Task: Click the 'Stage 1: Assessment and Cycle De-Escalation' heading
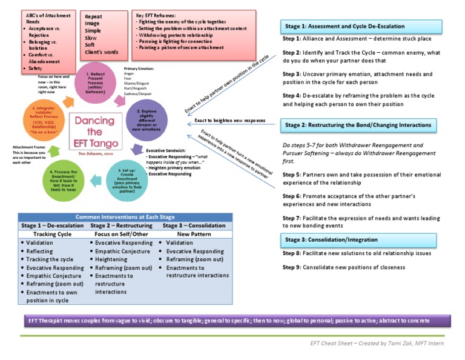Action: tap(361, 27)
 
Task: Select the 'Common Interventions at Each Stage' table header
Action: tap(124, 217)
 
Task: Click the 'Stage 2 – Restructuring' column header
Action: tap(124, 225)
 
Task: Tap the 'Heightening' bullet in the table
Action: tap(111, 259)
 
